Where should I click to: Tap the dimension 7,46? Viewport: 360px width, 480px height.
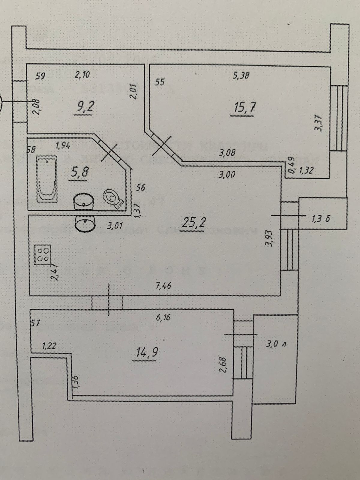click(x=164, y=286)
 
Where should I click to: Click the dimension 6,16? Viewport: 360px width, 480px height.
click(x=163, y=317)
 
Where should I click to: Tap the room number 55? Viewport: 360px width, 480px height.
click(x=160, y=82)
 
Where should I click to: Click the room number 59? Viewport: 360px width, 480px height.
click(x=40, y=76)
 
